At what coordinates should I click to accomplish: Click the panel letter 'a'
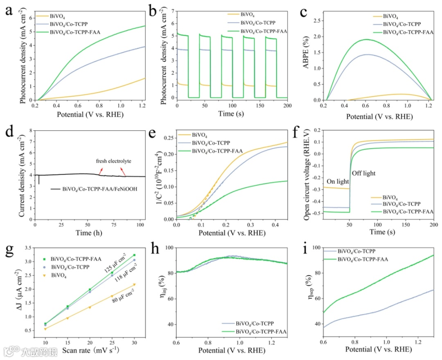click(x=8, y=11)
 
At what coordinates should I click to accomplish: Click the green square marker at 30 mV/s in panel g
click(x=134, y=255)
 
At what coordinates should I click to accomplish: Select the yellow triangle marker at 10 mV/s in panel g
click(x=45, y=328)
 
